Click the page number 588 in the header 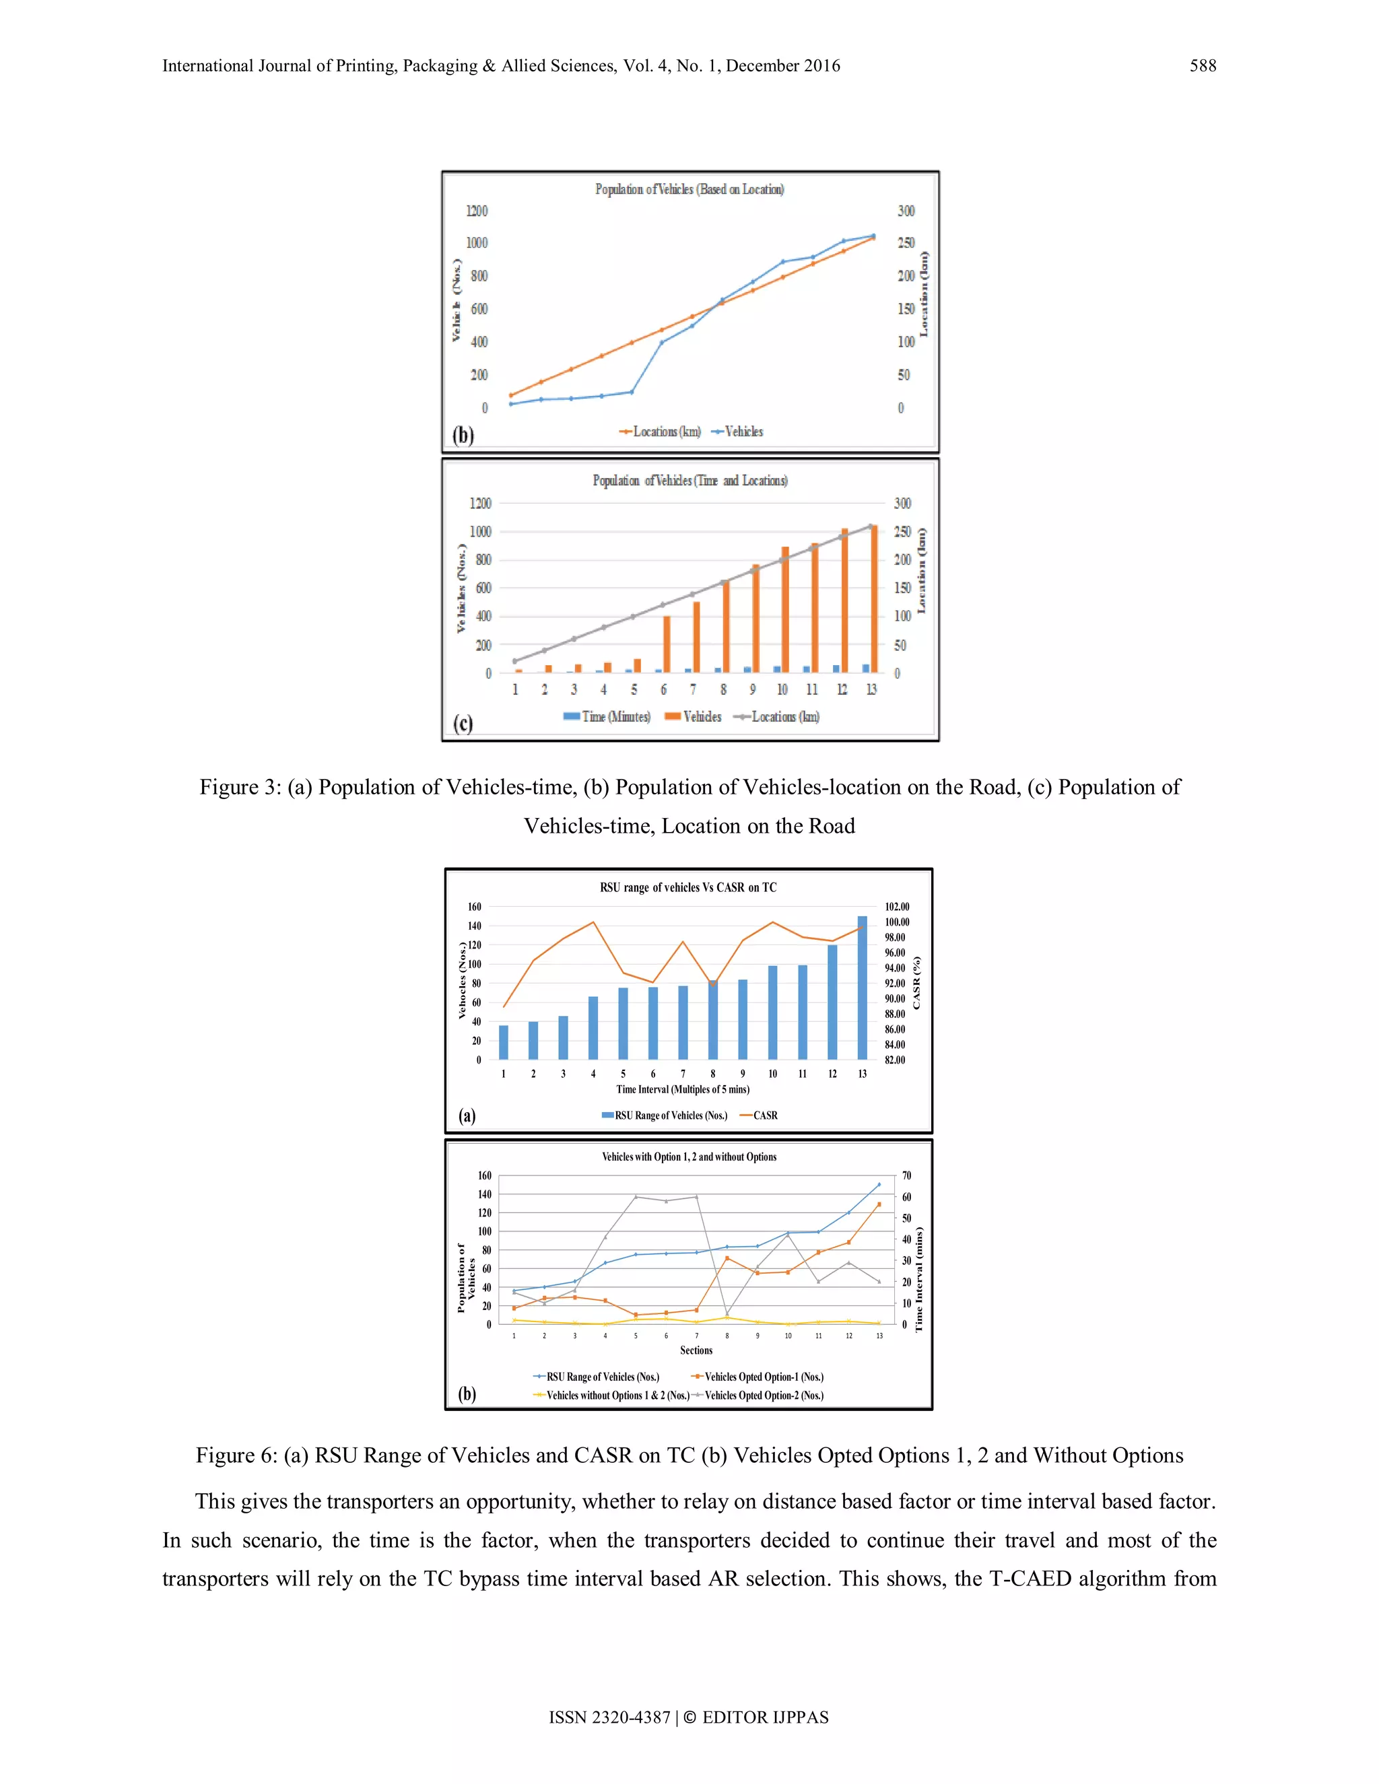tap(1202, 66)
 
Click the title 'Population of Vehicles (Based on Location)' tap(689, 190)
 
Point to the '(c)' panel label tap(463, 723)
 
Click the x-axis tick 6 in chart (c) tap(663, 689)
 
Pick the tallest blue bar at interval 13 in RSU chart tap(862, 988)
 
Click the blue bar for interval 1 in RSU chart tap(503, 1042)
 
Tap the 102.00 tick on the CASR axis tap(896, 907)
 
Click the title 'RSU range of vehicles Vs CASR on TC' tap(688, 887)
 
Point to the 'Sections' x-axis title tap(696, 1350)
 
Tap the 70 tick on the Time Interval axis tap(906, 1175)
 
